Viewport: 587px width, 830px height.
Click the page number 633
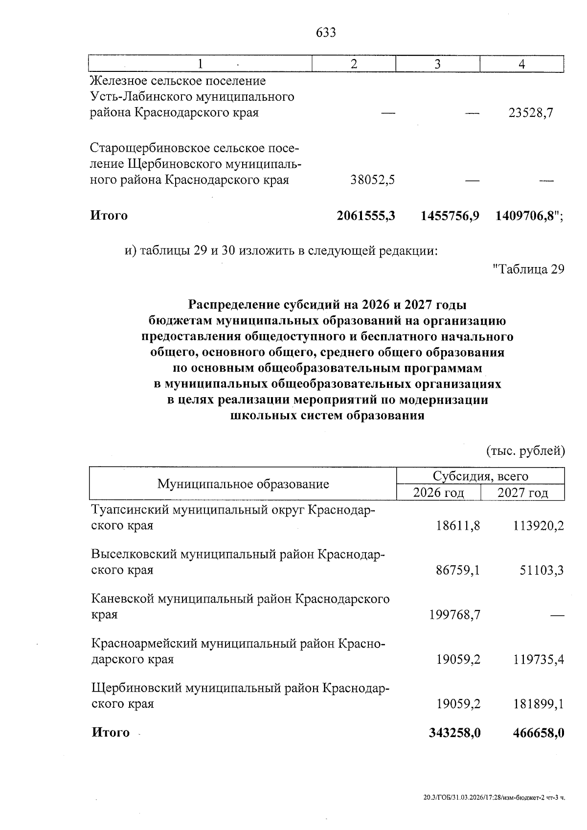326,33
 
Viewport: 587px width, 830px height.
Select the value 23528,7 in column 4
531,113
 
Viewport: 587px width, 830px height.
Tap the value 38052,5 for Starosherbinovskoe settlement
373,180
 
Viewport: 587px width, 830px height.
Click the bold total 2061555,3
365,216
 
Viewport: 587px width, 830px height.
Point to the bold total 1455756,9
450,216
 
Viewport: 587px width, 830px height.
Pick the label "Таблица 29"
528,269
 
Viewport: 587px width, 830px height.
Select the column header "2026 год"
438,493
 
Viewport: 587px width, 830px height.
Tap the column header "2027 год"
522,493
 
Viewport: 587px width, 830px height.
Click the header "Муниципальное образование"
243,484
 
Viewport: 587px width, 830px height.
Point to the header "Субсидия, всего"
480,476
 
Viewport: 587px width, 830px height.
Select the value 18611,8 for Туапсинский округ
458,526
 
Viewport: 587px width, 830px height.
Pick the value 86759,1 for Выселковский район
458,570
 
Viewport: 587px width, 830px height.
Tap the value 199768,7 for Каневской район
455,615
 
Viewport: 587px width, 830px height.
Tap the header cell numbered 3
437,64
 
